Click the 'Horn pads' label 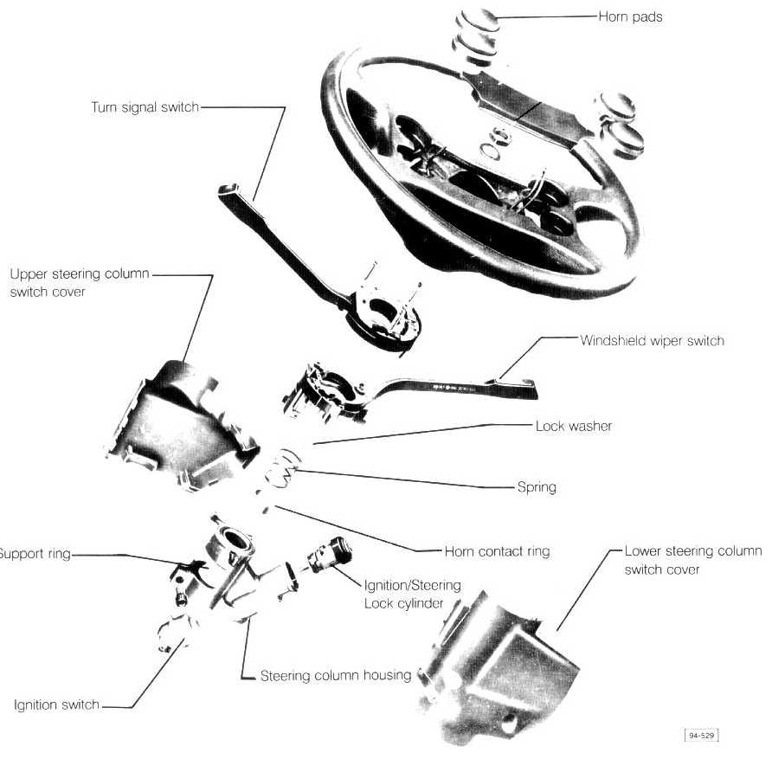point(630,16)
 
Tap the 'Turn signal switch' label point(145,107)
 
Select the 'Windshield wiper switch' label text point(652,340)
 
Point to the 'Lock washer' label point(573,426)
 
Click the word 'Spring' point(537,487)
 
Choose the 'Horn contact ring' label point(497,551)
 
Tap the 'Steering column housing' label point(335,675)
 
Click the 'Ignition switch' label point(57,705)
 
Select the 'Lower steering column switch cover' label point(692,560)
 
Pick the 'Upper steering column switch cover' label point(79,283)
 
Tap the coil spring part point(281,471)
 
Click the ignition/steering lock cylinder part point(329,555)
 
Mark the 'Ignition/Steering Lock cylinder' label point(412,594)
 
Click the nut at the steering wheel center point(498,137)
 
